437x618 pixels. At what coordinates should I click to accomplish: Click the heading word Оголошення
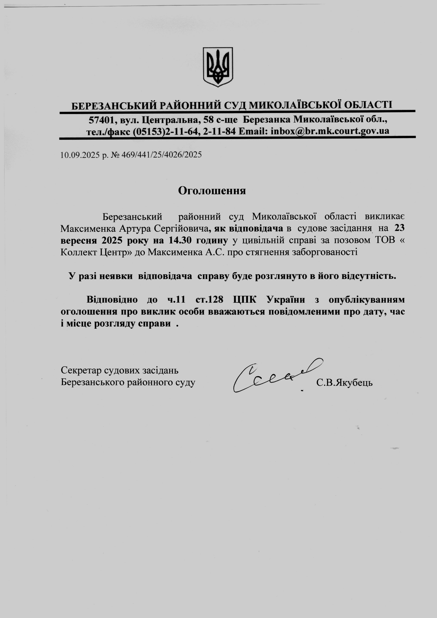point(212,190)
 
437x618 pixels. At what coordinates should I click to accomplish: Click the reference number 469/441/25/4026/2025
point(161,155)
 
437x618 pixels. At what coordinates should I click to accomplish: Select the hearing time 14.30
point(180,240)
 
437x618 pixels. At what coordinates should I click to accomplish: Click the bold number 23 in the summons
point(399,228)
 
